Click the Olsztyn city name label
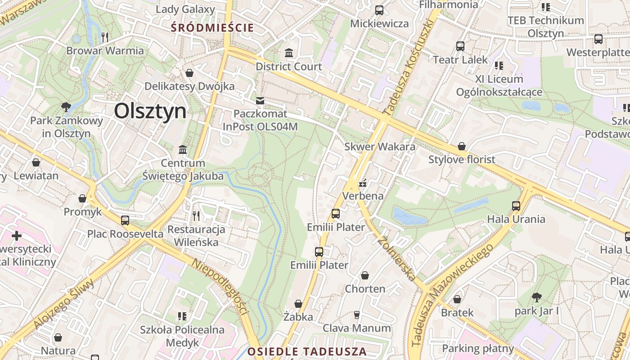(x=150, y=111)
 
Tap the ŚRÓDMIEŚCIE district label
(x=212, y=28)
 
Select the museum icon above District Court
(x=289, y=53)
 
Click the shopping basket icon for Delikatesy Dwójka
(x=189, y=73)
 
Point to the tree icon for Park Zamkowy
(x=66, y=107)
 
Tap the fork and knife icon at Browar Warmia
(x=105, y=37)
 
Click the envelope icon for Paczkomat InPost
(x=260, y=100)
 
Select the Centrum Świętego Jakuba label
(x=183, y=170)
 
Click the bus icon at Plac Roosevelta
(x=125, y=220)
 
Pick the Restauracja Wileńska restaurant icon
(x=196, y=216)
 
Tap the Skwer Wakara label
(x=380, y=147)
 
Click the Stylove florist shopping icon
(x=461, y=146)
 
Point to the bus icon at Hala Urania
(x=516, y=206)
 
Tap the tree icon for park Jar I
(x=536, y=297)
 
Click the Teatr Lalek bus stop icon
(x=460, y=46)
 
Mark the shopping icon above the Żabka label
(x=298, y=304)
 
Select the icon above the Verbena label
(x=363, y=183)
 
